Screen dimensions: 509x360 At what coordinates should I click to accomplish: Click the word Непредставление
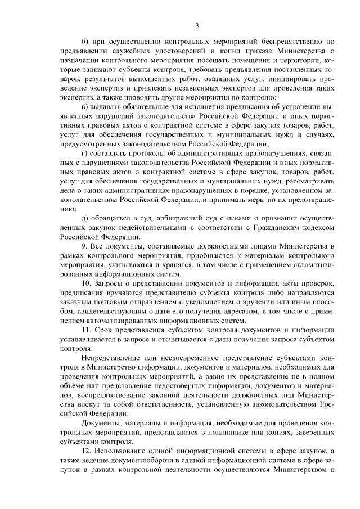pos(110,358)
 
